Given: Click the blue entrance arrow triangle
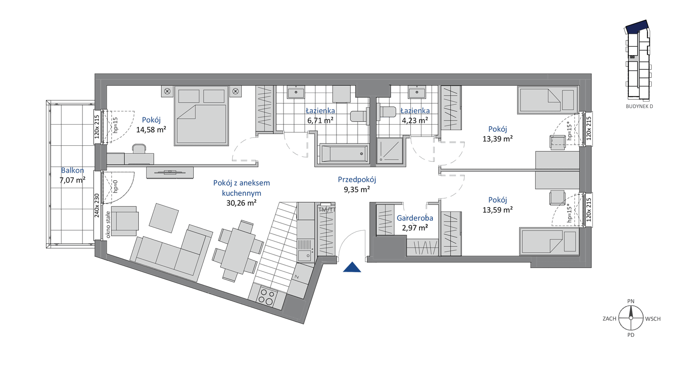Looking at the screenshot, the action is [x=352, y=268].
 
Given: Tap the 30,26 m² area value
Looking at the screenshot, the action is [x=241, y=203].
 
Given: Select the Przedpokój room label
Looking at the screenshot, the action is [x=357, y=180].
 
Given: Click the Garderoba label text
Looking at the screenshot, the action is [x=415, y=218].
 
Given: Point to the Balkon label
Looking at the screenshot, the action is [x=72, y=170].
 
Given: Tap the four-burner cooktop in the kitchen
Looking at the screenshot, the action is [x=266, y=297].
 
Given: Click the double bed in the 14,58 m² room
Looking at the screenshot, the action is [x=201, y=115].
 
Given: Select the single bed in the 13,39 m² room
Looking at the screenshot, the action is [x=548, y=100].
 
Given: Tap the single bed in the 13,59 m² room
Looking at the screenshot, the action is [x=549, y=241].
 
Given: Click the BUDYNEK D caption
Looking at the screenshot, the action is [x=639, y=106].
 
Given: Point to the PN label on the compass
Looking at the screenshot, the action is [x=631, y=301].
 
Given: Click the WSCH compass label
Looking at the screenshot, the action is [x=653, y=319].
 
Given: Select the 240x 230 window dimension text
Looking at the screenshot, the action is [x=97, y=205].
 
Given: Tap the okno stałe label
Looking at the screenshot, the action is [x=108, y=225].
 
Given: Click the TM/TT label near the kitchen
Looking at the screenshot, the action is [x=327, y=209].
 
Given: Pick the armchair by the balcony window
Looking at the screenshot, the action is [x=124, y=221].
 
